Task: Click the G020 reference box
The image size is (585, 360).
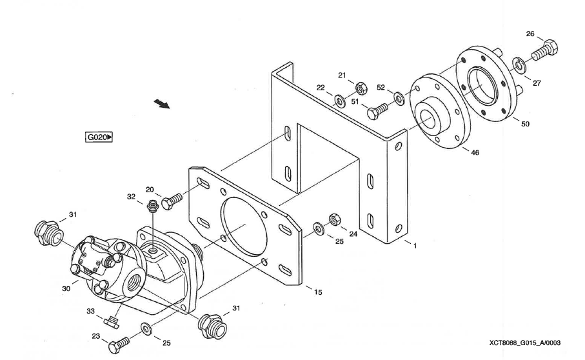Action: (99, 137)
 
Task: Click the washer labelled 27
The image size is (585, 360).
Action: (518, 64)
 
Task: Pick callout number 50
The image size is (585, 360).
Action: (525, 124)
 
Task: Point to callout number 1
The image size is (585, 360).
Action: (415, 246)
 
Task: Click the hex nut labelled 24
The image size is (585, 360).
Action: (334, 218)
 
